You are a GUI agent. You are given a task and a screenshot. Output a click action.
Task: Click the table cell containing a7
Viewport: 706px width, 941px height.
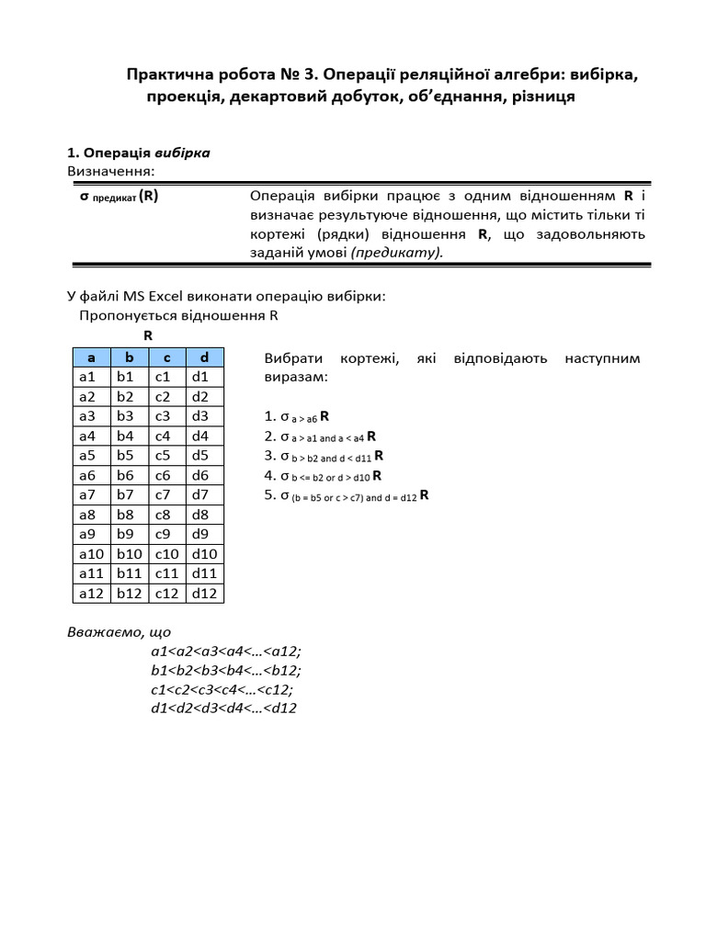(x=92, y=494)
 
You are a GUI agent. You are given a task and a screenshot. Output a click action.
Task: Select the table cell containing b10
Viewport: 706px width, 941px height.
(x=130, y=553)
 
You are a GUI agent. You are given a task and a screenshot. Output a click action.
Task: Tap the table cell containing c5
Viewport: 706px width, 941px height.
(x=166, y=455)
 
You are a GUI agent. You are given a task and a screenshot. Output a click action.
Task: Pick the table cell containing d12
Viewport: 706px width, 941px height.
(x=204, y=593)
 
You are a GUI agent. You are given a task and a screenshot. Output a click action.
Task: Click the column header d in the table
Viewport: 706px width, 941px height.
(x=204, y=357)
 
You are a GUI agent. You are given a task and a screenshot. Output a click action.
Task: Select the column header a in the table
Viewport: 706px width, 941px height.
(x=92, y=357)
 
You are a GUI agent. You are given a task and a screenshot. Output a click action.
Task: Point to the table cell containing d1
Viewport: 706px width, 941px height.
(x=204, y=377)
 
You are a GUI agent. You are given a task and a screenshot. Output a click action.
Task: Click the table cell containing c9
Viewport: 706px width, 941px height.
(x=166, y=534)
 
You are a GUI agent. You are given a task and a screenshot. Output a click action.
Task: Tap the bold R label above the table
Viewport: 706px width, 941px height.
(x=148, y=335)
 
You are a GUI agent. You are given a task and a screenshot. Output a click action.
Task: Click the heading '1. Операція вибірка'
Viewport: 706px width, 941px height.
(x=138, y=153)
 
